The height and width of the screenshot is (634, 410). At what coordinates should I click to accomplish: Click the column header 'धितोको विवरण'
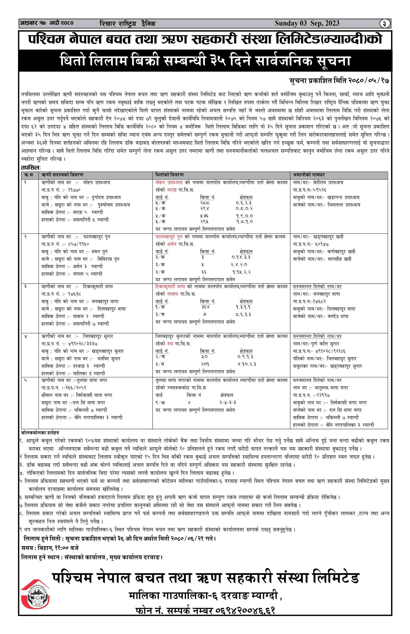tap(169, 175)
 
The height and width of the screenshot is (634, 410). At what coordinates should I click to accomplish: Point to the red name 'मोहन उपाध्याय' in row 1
tap(169, 183)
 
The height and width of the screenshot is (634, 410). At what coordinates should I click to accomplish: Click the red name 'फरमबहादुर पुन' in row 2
tap(169, 237)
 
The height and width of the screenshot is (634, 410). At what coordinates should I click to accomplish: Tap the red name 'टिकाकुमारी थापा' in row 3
tap(170, 287)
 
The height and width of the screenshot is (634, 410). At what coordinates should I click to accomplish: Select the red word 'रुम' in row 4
tap(170, 344)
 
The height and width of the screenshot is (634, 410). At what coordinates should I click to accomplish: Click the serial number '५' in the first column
tap(26, 380)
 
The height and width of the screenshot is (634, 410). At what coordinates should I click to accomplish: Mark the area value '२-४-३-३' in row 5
tap(228, 403)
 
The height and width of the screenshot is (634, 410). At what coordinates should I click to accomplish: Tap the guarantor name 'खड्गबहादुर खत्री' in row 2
tap(328, 237)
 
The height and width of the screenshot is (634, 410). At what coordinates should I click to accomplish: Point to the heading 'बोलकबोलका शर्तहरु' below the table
tap(40, 432)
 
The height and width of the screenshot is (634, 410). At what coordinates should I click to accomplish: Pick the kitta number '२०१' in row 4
tap(205, 364)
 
